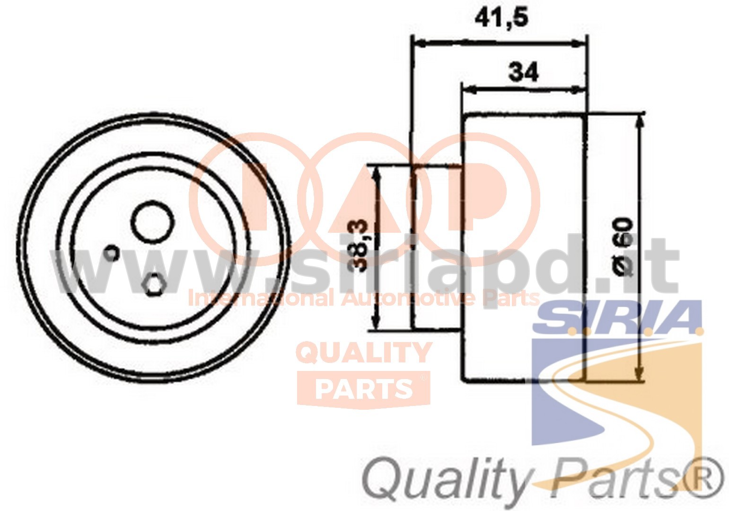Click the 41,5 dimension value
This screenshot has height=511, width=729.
point(501,18)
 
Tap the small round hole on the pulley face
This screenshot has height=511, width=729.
point(112,253)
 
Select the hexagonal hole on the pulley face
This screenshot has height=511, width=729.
point(154,284)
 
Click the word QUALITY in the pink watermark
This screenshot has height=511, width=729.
point(364,353)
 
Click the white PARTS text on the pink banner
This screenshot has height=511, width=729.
point(364,389)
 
